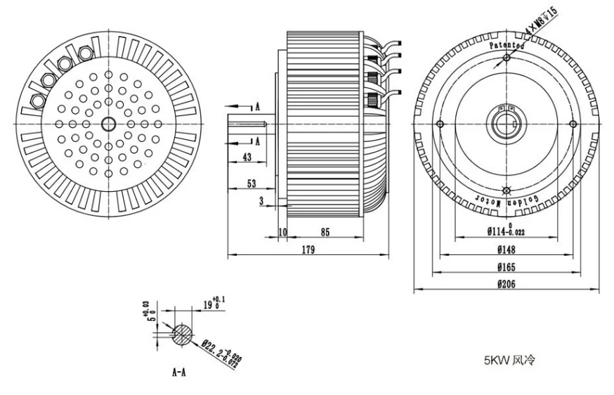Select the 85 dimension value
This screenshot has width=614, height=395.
pyautogui.click(x=325, y=232)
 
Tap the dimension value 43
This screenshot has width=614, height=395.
pyautogui.click(x=246, y=157)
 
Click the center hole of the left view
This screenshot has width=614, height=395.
pyautogui.click(x=108, y=124)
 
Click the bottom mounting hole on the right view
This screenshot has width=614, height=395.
pyautogui.click(x=507, y=189)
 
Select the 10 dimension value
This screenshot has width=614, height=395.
pyautogui.click(x=282, y=232)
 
